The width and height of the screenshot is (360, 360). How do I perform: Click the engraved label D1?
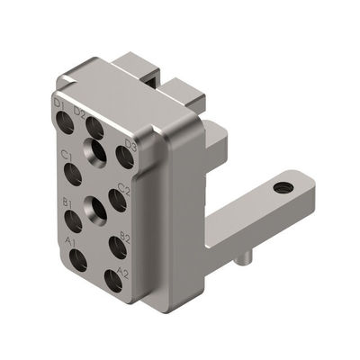[x=60, y=105]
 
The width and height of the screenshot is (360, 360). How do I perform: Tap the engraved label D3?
[x=130, y=145]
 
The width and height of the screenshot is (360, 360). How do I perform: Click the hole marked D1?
[x=66, y=122]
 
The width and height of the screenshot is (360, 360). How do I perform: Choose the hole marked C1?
[x=73, y=171]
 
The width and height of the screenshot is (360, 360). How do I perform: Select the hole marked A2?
[x=112, y=280]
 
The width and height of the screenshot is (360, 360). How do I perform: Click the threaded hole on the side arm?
[x=284, y=187]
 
